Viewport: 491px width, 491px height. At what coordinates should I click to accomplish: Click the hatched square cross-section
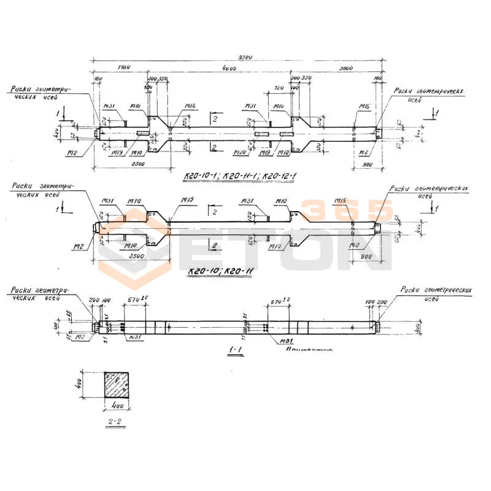(118, 385)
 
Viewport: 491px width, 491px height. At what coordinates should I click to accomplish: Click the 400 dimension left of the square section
(89, 385)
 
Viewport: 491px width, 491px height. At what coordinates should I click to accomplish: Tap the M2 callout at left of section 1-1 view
(79, 337)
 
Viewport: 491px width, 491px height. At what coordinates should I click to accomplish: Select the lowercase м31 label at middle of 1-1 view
(284, 340)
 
